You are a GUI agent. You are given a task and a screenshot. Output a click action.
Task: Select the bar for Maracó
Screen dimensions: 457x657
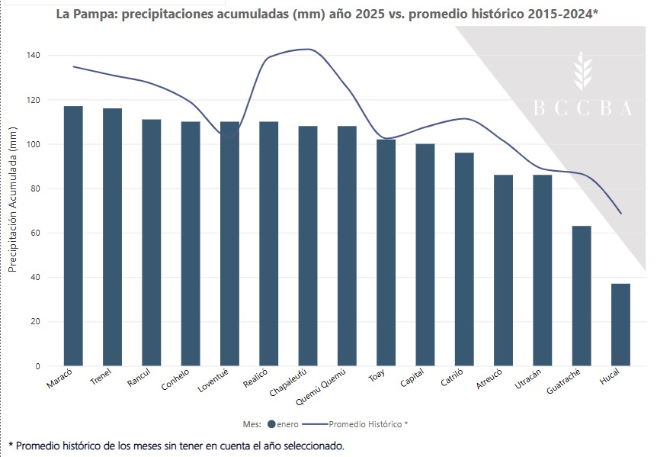(73, 236)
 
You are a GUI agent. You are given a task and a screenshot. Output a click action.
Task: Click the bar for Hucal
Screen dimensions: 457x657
(620, 324)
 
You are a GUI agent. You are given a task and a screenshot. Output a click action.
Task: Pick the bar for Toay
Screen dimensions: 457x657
(386, 252)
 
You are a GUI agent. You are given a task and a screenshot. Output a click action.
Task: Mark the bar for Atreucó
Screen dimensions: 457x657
(503, 270)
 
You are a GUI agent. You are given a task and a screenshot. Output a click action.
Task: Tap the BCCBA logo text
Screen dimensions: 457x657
(582, 109)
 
